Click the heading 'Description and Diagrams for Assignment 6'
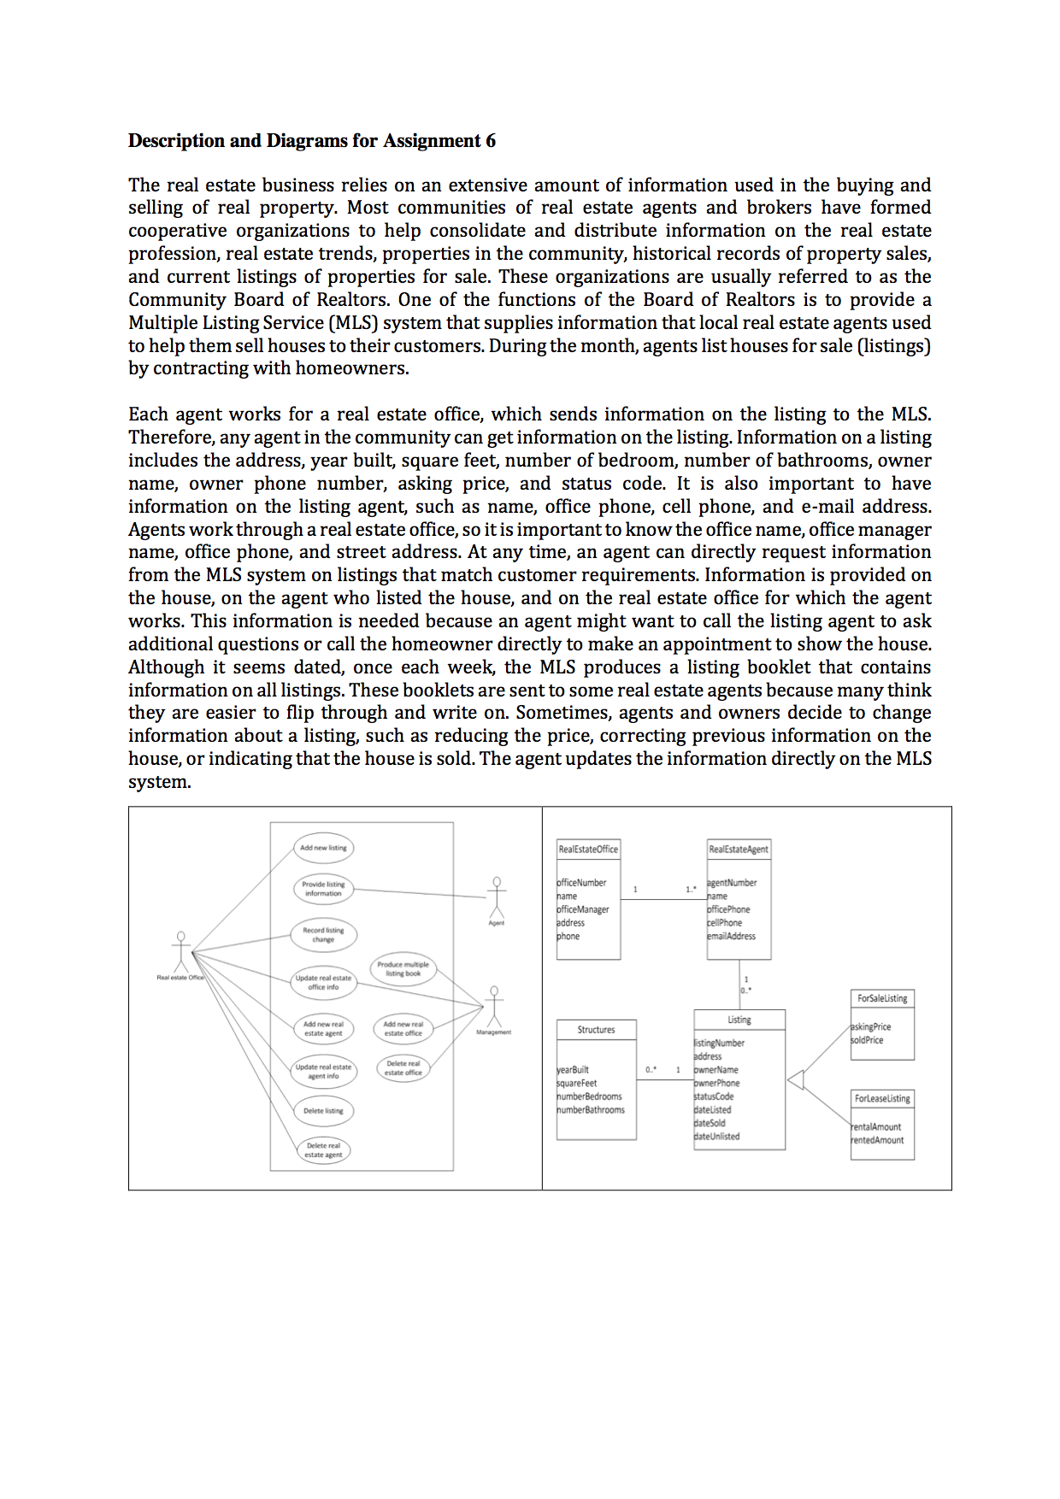tap(311, 140)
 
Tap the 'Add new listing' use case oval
tap(323, 848)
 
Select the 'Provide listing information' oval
tap(323, 889)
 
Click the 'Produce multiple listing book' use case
tap(403, 969)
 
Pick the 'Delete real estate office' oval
tap(403, 1068)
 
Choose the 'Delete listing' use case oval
tap(323, 1111)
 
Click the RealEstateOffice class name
tap(588, 849)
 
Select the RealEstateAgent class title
tap(739, 849)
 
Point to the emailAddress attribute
tap(732, 937)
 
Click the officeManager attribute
tap(584, 909)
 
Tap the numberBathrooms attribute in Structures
tap(592, 1110)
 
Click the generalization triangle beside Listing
tap(796, 1080)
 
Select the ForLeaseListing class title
tap(882, 1099)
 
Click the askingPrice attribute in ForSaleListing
tap(871, 1027)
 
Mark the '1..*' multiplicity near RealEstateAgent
tap(691, 890)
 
